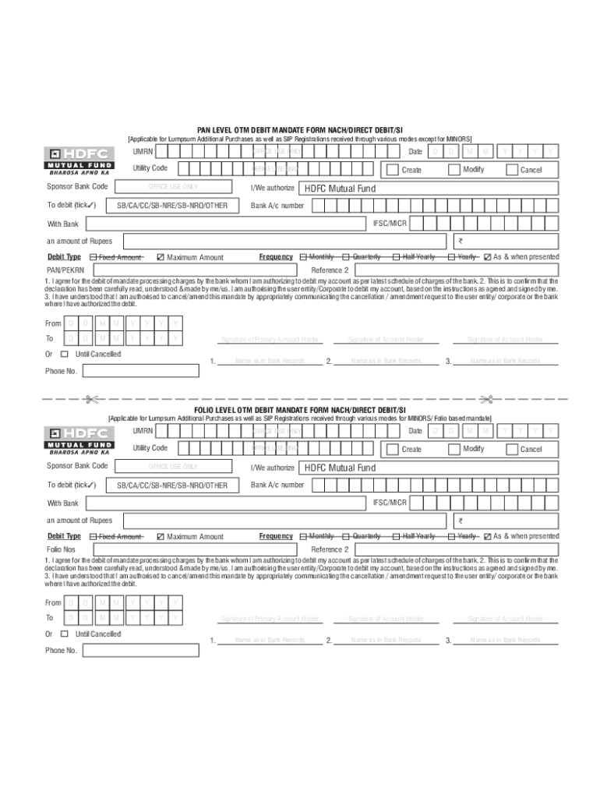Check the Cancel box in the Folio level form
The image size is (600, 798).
coord(512,449)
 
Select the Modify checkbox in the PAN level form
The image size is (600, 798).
coord(454,169)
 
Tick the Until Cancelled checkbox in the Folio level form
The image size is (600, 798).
coord(65,634)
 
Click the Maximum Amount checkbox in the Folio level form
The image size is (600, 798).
coord(161,537)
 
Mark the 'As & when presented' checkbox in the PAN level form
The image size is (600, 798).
coord(487,257)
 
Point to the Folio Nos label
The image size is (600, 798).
coord(62,549)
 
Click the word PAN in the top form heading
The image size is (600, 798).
coord(205,130)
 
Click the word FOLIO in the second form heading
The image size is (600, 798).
coord(207,410)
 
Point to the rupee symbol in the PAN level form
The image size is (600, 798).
coord(461,242)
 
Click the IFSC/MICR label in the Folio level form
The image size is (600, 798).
coord(390,503)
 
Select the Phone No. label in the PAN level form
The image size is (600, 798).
coord(62,371)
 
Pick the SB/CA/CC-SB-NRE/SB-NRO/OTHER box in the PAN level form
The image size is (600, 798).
coord(172,206)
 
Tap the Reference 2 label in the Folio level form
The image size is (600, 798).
coord(330,549)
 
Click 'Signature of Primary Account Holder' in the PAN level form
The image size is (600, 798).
coord(270,339)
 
